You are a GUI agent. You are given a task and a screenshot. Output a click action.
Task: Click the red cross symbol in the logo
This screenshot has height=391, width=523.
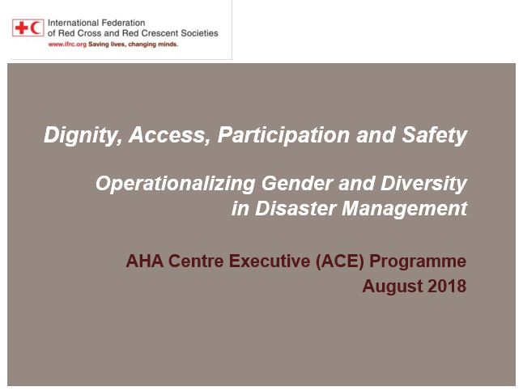click(22, 28)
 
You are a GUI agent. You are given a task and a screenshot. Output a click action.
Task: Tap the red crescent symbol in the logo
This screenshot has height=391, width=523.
click(36, 28)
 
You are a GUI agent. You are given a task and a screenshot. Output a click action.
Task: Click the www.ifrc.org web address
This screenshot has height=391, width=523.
click(67, 45)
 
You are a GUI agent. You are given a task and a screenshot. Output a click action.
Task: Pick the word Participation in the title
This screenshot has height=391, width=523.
click(283, 135)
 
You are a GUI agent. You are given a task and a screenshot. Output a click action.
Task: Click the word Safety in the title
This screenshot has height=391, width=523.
click(434, 135)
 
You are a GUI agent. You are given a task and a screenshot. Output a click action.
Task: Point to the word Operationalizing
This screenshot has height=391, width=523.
click(176, 184)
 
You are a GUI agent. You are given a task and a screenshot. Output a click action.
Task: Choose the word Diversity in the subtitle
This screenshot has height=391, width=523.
click(423, 184)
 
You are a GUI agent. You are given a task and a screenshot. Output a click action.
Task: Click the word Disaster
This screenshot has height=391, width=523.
click(296, 208)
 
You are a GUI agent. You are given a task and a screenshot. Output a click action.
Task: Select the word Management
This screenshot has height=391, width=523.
click(405, 209)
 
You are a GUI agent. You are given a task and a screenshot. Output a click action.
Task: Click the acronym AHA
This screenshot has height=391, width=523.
click(145, 261)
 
